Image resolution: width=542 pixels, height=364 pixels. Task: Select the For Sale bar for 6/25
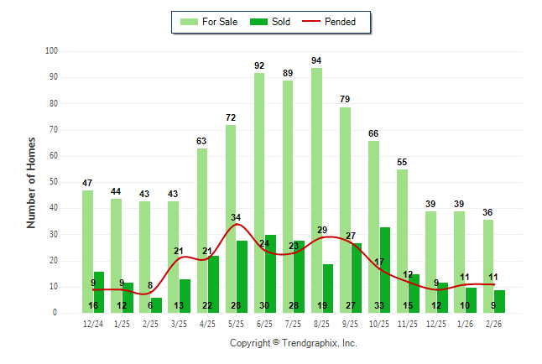tap(259, 193)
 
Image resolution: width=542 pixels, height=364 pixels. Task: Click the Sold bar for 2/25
tap(157, 304)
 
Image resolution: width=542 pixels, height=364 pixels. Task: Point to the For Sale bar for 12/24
tap(87, 252)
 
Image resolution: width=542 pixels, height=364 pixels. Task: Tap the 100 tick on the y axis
tap(51, 51)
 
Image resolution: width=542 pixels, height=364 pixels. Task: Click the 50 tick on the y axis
tap(53, 182)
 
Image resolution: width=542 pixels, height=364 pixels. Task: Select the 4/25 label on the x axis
tap(207, 323)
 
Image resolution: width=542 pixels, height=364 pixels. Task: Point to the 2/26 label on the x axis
tap(493, 323)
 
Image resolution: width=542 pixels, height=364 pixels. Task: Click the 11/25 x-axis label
tap(408, 323)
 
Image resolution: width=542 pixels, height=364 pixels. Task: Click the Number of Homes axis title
tap(31, 182)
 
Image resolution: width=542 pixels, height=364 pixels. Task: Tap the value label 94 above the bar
tap(316, 60)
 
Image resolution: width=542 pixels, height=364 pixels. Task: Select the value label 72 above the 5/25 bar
tap(231, 118)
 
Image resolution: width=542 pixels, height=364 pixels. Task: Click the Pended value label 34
tap(237, 218)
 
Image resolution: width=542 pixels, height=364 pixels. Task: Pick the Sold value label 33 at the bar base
tap(379, 305)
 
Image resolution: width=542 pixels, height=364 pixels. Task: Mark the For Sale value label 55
tap(402, 162)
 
